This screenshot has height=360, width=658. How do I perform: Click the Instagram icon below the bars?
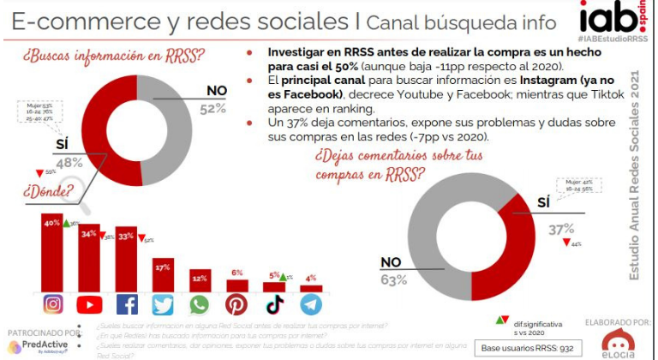coord(53,304)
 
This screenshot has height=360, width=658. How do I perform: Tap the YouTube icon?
coord(90,304)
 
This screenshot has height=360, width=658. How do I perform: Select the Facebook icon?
coord(127,304)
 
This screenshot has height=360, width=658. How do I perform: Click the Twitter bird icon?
coord(164,304)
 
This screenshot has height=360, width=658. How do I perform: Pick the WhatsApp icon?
coord(200,304)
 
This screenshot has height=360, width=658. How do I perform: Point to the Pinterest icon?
coord(237,304)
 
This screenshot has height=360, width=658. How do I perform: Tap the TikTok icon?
coord(274,304)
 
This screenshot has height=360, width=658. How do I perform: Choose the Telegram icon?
coord(311,304)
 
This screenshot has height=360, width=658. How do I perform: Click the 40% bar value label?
coord(52,223)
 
